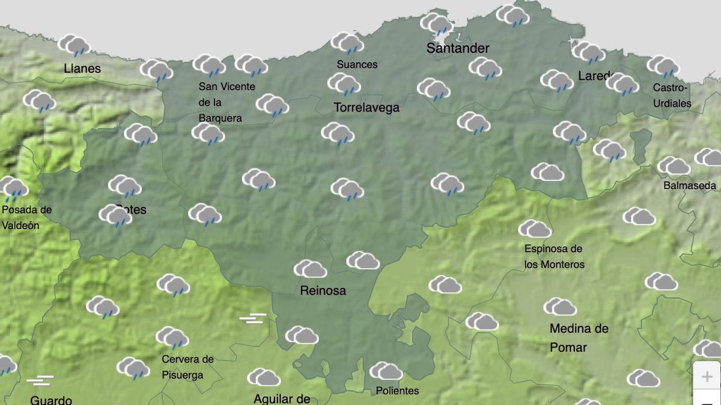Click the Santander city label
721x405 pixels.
click(x=458, y=48)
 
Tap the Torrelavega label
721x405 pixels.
click(x=367, y=108)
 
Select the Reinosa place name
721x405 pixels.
click(x=323, y=290)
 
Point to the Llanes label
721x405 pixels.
click(x=82, y=68)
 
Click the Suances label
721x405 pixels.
click(x=357, y=64)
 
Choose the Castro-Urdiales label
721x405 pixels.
click(x=672, y=95)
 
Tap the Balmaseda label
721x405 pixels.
click(x=690, y=185)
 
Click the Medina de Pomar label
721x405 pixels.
click(x=579, y=338)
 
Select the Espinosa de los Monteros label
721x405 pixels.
click(x=554, y=256)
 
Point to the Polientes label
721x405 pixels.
click(x=397, y=391)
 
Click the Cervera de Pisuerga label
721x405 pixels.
click(x=187, y=367)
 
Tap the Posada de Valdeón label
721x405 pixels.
click(x=27, y=218)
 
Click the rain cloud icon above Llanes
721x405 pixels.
click(x=74, y=45)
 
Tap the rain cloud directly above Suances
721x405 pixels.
click(x=347, y=43)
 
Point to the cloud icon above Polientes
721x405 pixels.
click(x=386, y=371)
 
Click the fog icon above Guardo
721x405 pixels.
click(x=40, y=380)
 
